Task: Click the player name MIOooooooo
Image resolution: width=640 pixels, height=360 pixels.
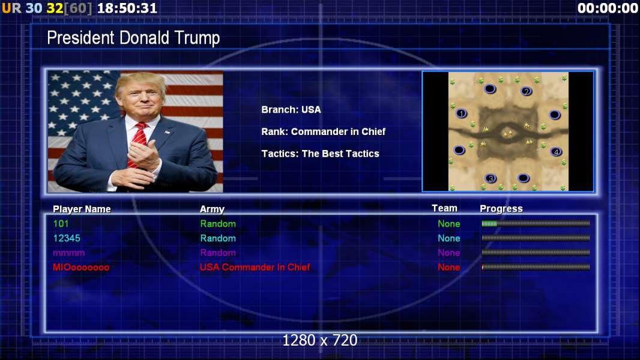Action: pos(81,268)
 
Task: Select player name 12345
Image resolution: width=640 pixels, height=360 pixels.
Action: pos(67,238)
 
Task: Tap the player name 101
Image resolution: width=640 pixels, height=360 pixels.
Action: pos(61,223)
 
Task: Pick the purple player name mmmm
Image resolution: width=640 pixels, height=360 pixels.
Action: pos(68,253)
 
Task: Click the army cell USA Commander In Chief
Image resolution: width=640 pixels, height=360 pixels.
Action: pos(255,267)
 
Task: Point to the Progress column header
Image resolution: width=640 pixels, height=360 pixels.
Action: pos(501,209)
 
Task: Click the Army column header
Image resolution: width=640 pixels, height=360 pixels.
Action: pos(212,209)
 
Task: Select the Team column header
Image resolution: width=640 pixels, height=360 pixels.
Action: pos(444,208)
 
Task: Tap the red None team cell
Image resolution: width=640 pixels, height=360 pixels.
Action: pos(449,268)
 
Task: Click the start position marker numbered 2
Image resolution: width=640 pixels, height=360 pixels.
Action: pos(526,91)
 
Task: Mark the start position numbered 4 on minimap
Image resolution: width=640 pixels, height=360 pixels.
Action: pos(555,152)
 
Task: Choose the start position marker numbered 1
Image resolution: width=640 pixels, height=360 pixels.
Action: pos(461,113)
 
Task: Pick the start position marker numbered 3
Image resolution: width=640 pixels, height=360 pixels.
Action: pos(491,178)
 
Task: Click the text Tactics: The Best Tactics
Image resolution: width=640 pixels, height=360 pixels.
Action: pos(321,154)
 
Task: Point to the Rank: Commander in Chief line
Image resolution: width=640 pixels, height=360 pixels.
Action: pos(323,131)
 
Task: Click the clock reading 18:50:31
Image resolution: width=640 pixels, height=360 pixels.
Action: pos(127,8)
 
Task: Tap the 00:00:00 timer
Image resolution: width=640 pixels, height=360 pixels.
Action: pos(608,8)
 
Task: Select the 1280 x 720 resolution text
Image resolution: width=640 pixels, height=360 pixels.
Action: pos(320,340)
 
